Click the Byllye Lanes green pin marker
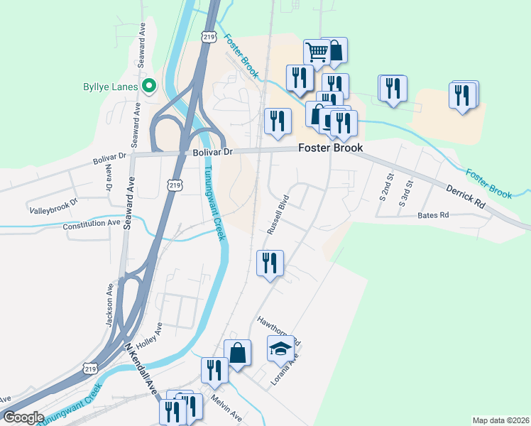point(149,87)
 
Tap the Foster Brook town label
point(330,148)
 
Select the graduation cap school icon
point(280,349)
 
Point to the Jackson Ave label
point(110,305)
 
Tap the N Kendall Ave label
point(141,370)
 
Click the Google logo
point(23,418)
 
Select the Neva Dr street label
point(109,179)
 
